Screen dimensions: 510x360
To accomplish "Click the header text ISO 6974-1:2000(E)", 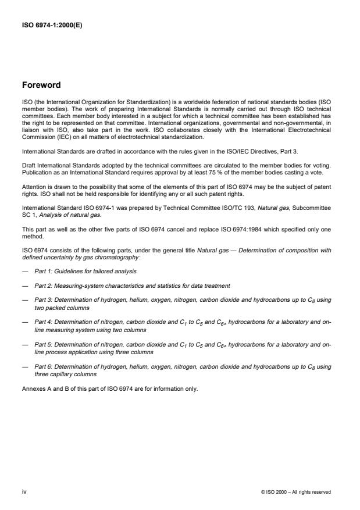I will [52, 25].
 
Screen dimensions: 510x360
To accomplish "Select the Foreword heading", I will [41, 85].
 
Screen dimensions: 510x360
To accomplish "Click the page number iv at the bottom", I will [23, 492].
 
